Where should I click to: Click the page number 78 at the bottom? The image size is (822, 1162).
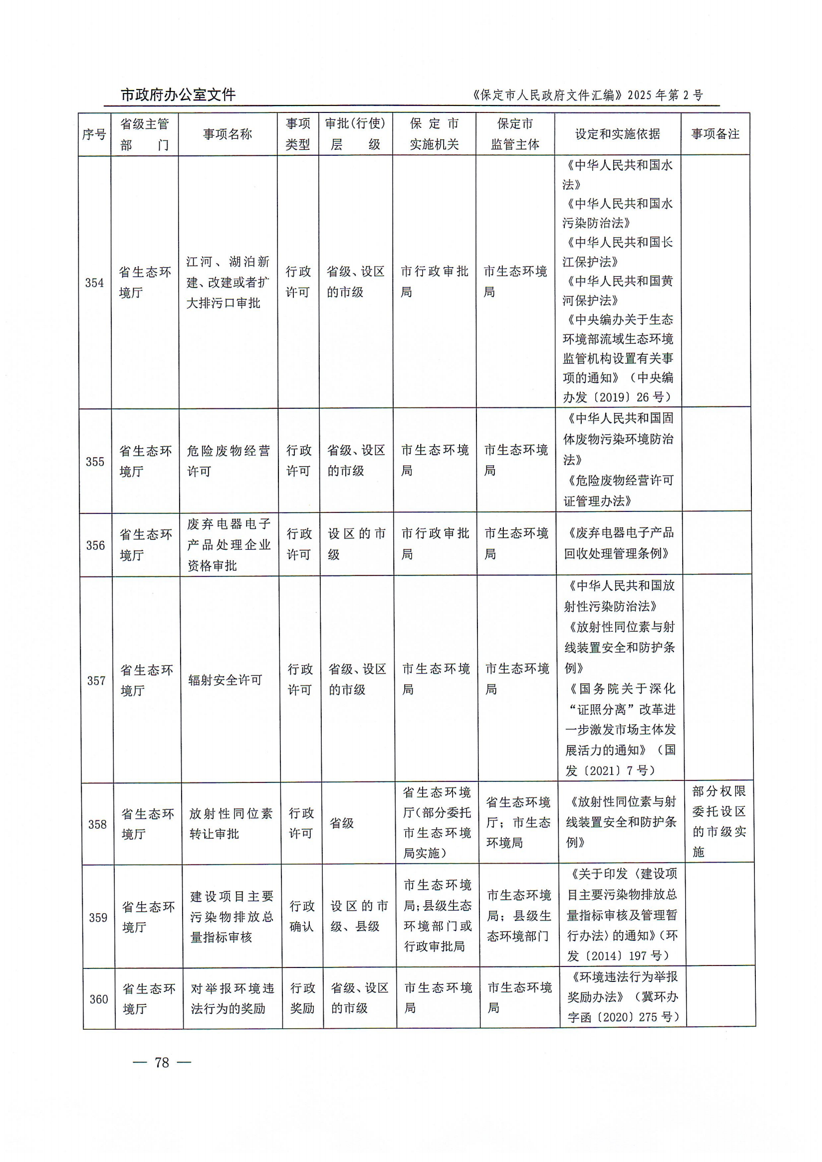coord(162,1062)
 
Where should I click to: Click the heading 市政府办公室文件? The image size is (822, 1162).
coord(178,95)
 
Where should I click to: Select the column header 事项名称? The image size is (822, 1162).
coord(227,134)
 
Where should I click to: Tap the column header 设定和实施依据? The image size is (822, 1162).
coord(617,134)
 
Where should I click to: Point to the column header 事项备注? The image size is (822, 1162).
coord(715,134)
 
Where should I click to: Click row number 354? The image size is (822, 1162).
coord(94,283)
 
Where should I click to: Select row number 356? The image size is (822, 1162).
coord(95,545)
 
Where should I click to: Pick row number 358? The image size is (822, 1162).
coord(97,824)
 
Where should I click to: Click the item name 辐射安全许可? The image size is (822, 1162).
coord(225,680)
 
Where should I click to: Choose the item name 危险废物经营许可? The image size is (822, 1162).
coord(228,461)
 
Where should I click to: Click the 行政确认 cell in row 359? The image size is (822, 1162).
coord(302,916)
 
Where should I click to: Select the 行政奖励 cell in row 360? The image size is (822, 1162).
coord(302,998)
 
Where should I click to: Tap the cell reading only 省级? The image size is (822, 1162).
coord(342,823)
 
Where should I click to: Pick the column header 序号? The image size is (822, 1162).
coord(94,135)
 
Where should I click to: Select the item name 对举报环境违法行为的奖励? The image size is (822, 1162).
coord(232,998)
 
